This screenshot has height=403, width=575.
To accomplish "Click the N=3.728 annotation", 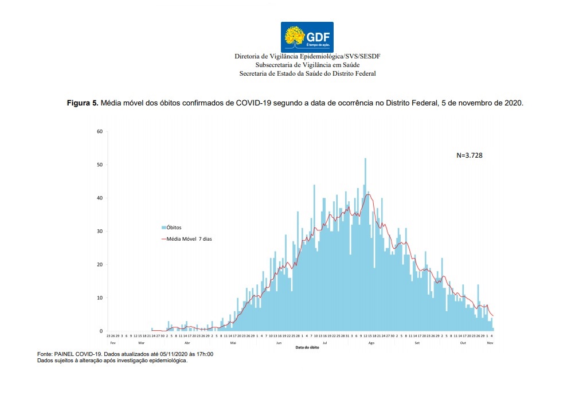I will point(470,155).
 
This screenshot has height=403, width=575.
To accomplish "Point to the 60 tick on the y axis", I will point(99,132).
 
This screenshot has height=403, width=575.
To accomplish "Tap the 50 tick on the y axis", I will point(99,165).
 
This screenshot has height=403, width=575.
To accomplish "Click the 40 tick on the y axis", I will point(99,198).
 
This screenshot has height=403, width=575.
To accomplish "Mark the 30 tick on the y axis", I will point(99,232).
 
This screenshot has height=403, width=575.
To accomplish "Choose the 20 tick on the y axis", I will point(99,265).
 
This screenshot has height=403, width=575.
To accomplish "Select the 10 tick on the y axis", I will point(99,298).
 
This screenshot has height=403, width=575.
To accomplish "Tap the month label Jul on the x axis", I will point(325,342).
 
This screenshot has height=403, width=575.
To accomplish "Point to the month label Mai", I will point(233,342).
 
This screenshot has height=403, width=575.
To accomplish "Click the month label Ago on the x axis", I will point(371,342).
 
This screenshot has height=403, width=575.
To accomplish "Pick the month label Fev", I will point(112,342).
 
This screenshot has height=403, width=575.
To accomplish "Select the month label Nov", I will point(490,342).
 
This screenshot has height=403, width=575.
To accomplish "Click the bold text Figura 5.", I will point(83,103).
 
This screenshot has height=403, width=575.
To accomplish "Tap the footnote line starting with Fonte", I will point(125,355).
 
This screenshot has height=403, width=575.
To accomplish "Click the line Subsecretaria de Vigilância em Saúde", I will point(307,65).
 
